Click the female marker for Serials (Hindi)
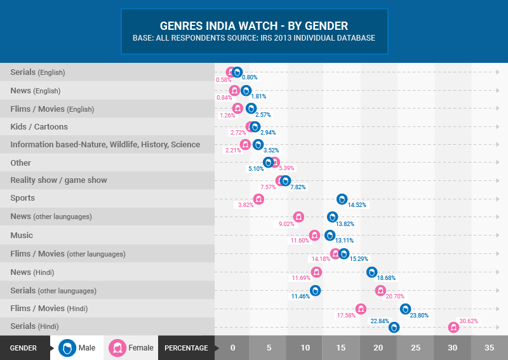click(453, 328)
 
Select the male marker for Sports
click(342, 199)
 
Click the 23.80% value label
click(419, 315)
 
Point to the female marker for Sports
click(258, 199)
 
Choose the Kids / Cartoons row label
click(39, 126)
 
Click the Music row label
click(22, 235)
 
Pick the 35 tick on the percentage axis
click(490, 348)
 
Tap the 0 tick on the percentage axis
click(232, 348)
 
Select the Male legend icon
click(67, 348)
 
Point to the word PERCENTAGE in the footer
click(186, 348)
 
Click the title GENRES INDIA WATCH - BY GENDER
click(254, 26)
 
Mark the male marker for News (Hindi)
click(372, 272)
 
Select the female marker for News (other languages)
click(298, 217)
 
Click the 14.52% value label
click(356, 205)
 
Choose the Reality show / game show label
click(58, 180)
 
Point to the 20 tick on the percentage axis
click(378, 348)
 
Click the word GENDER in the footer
click(23, 348)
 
